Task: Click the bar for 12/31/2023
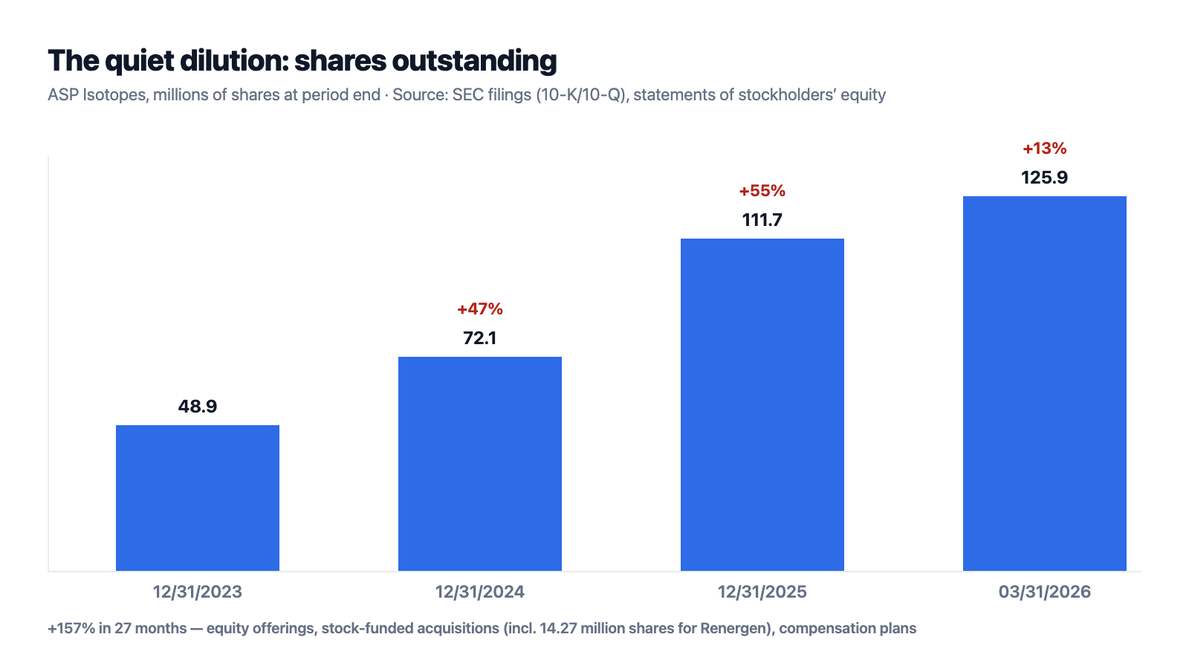(198, 498)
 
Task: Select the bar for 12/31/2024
(480, 464)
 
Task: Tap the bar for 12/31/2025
(762, 404)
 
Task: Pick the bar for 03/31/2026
(1045, 384)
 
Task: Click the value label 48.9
(198, 406)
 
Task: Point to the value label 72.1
(480, 338)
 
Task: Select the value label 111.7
(762, 220)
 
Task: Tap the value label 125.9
(1045, 178)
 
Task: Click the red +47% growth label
(480, 309)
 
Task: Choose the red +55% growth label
(762, 191)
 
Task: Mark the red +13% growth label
(1045, 149)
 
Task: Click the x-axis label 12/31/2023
(198, 592)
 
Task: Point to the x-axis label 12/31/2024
(480, 592)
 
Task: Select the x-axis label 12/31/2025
(762, 592)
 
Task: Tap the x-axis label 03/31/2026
(1045, 592)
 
